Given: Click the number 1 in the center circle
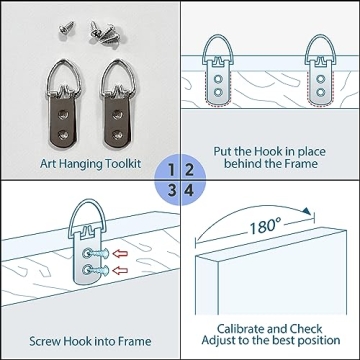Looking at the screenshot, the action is (x=171, y=170).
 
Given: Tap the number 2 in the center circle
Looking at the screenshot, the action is (x=189, y=170).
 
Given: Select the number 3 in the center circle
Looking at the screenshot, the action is (x=171, y=191).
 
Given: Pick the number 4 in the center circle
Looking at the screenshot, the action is (x=189, y=191).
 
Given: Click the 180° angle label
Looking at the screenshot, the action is (x=265, y=227).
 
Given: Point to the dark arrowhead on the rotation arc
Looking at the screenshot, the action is (x=307, y=211).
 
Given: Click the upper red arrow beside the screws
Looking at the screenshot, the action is (x=120, y=254).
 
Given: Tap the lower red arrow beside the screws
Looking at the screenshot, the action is (x=120, y=270).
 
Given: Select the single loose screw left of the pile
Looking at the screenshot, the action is (x=67, y=28).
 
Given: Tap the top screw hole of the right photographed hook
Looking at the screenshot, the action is (x=117, y=115).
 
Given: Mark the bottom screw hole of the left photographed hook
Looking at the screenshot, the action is (x=63, y=135).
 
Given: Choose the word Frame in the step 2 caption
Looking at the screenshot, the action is (x=301, y=164).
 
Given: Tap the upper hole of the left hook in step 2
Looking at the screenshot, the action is (x=218, y=79).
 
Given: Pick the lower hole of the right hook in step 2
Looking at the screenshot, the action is (x=321, y=91).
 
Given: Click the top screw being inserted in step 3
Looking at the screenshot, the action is (x=96, y=254).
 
